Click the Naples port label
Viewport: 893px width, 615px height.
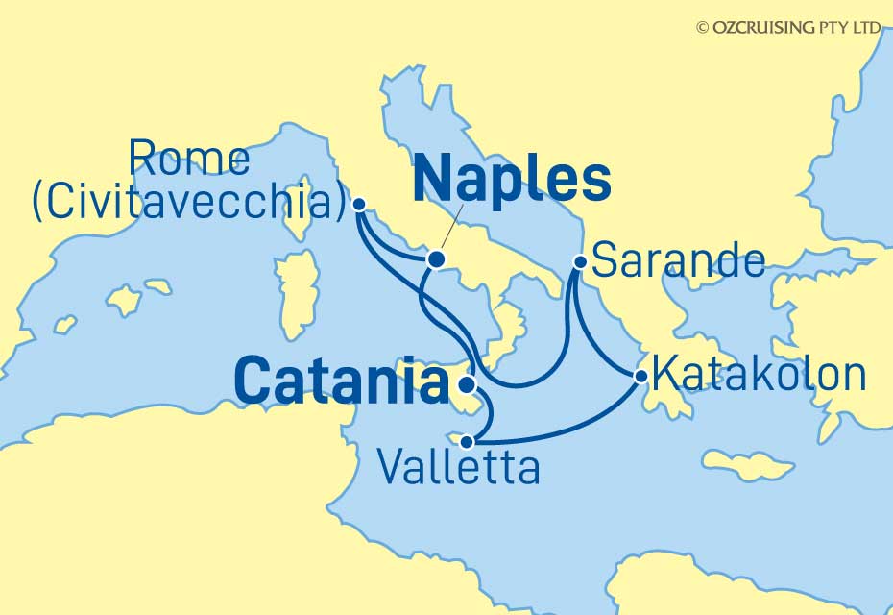tap(512, 180)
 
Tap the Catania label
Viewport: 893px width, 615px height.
tap(341, 381)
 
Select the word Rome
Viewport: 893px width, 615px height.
tap(189, 160)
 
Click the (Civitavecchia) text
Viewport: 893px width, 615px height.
tap(188, 203)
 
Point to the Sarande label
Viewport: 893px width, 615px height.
tap(680, 260)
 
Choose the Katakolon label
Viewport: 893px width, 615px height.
tap(759, 375)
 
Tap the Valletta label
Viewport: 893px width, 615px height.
tap(458, 469)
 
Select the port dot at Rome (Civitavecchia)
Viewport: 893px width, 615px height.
tap(359, 204)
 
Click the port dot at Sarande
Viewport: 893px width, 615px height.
tap(579, 260)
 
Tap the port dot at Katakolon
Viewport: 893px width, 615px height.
tap(640, 376)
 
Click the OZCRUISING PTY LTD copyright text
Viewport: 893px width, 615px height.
tap(788, 28)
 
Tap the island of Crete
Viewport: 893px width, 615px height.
tap(746, 466)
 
